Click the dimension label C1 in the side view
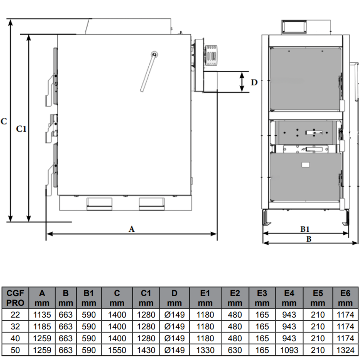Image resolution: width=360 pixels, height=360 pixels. pyautogui.click(x=21, y=129)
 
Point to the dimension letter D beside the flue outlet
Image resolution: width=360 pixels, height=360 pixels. pyautogui.click(x=254, y=82)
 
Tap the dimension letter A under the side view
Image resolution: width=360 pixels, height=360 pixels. pyautogui.click(x=131, y=229)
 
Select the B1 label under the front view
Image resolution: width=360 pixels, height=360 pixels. pyautogui.click(x=305, y=229)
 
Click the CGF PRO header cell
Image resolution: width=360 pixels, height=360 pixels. pyautogui.click(x=15, y=298)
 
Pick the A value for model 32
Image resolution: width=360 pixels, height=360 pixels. pyautogui.click(x=42, y=326)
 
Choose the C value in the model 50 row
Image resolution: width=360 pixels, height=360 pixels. pyautogui.click(x=117, y=350)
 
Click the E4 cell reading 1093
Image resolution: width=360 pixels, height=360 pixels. pyautogui.click(x=289, y=350)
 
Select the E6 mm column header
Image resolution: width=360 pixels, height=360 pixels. pyautogui.click(x=345, y=298)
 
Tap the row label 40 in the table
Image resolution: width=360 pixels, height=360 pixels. pyautogui.click(x=15, y=338)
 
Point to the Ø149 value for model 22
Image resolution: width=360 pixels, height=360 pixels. pyautogui.click(x=175, y=315)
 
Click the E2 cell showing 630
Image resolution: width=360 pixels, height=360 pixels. pyautogui.click(x=235, y=350)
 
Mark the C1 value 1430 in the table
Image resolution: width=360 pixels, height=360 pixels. pyautogui.click(x=146, y=350)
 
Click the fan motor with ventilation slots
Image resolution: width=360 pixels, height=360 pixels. pyautogui.click(x=211, y=55)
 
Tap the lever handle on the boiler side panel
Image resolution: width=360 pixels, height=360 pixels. pyautogui.click(x=149, y=71)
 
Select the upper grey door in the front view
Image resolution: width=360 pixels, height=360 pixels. pyautogui.click(x=306, y=79)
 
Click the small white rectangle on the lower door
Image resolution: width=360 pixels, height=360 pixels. pyautogui.click(x=305, y=165)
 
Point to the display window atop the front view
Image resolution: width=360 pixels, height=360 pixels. pyautogui.click(x=294, y=26)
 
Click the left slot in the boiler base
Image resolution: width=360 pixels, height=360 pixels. pyautogui.click(x=99, y=204)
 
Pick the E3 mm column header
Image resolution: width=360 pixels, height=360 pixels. pyautogui.click(x=262, y=298)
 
